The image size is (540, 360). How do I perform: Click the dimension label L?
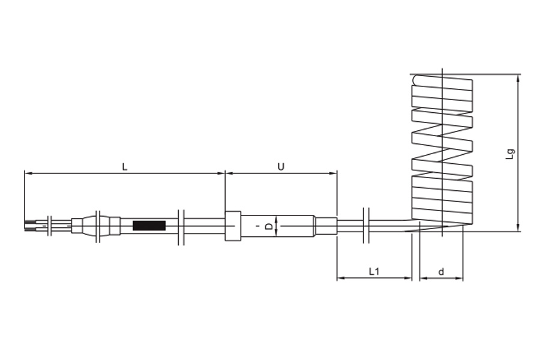coord(125,167)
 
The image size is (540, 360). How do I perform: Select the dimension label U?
coord(281,167)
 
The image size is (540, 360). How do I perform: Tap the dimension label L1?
coord(374,271)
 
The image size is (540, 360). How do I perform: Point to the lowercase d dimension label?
coord(441,272)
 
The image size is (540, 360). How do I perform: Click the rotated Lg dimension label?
coord(511,154)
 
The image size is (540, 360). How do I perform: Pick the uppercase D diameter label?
coord(269,226)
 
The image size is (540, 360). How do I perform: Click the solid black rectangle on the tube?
coord(149,226)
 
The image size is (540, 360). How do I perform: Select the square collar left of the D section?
coord(233,226)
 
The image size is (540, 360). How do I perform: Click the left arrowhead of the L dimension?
coord(28,173)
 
